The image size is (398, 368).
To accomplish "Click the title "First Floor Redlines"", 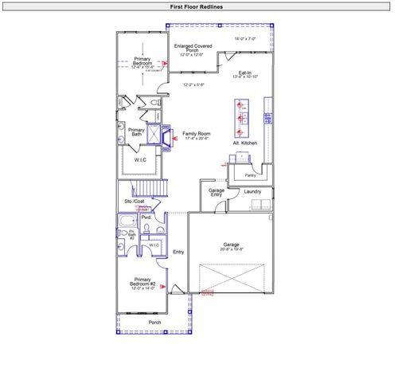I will click(x=198, y=6).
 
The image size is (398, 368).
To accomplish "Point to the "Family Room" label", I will click(x=196, y=133).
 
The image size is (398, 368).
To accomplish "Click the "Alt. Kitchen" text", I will click(x=244, y=143).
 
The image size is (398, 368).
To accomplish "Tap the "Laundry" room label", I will click(x=253, y=191).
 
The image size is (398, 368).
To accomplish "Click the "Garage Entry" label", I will click(x=216, y=193).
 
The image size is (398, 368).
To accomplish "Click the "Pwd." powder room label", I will click(x=146, y=217).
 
